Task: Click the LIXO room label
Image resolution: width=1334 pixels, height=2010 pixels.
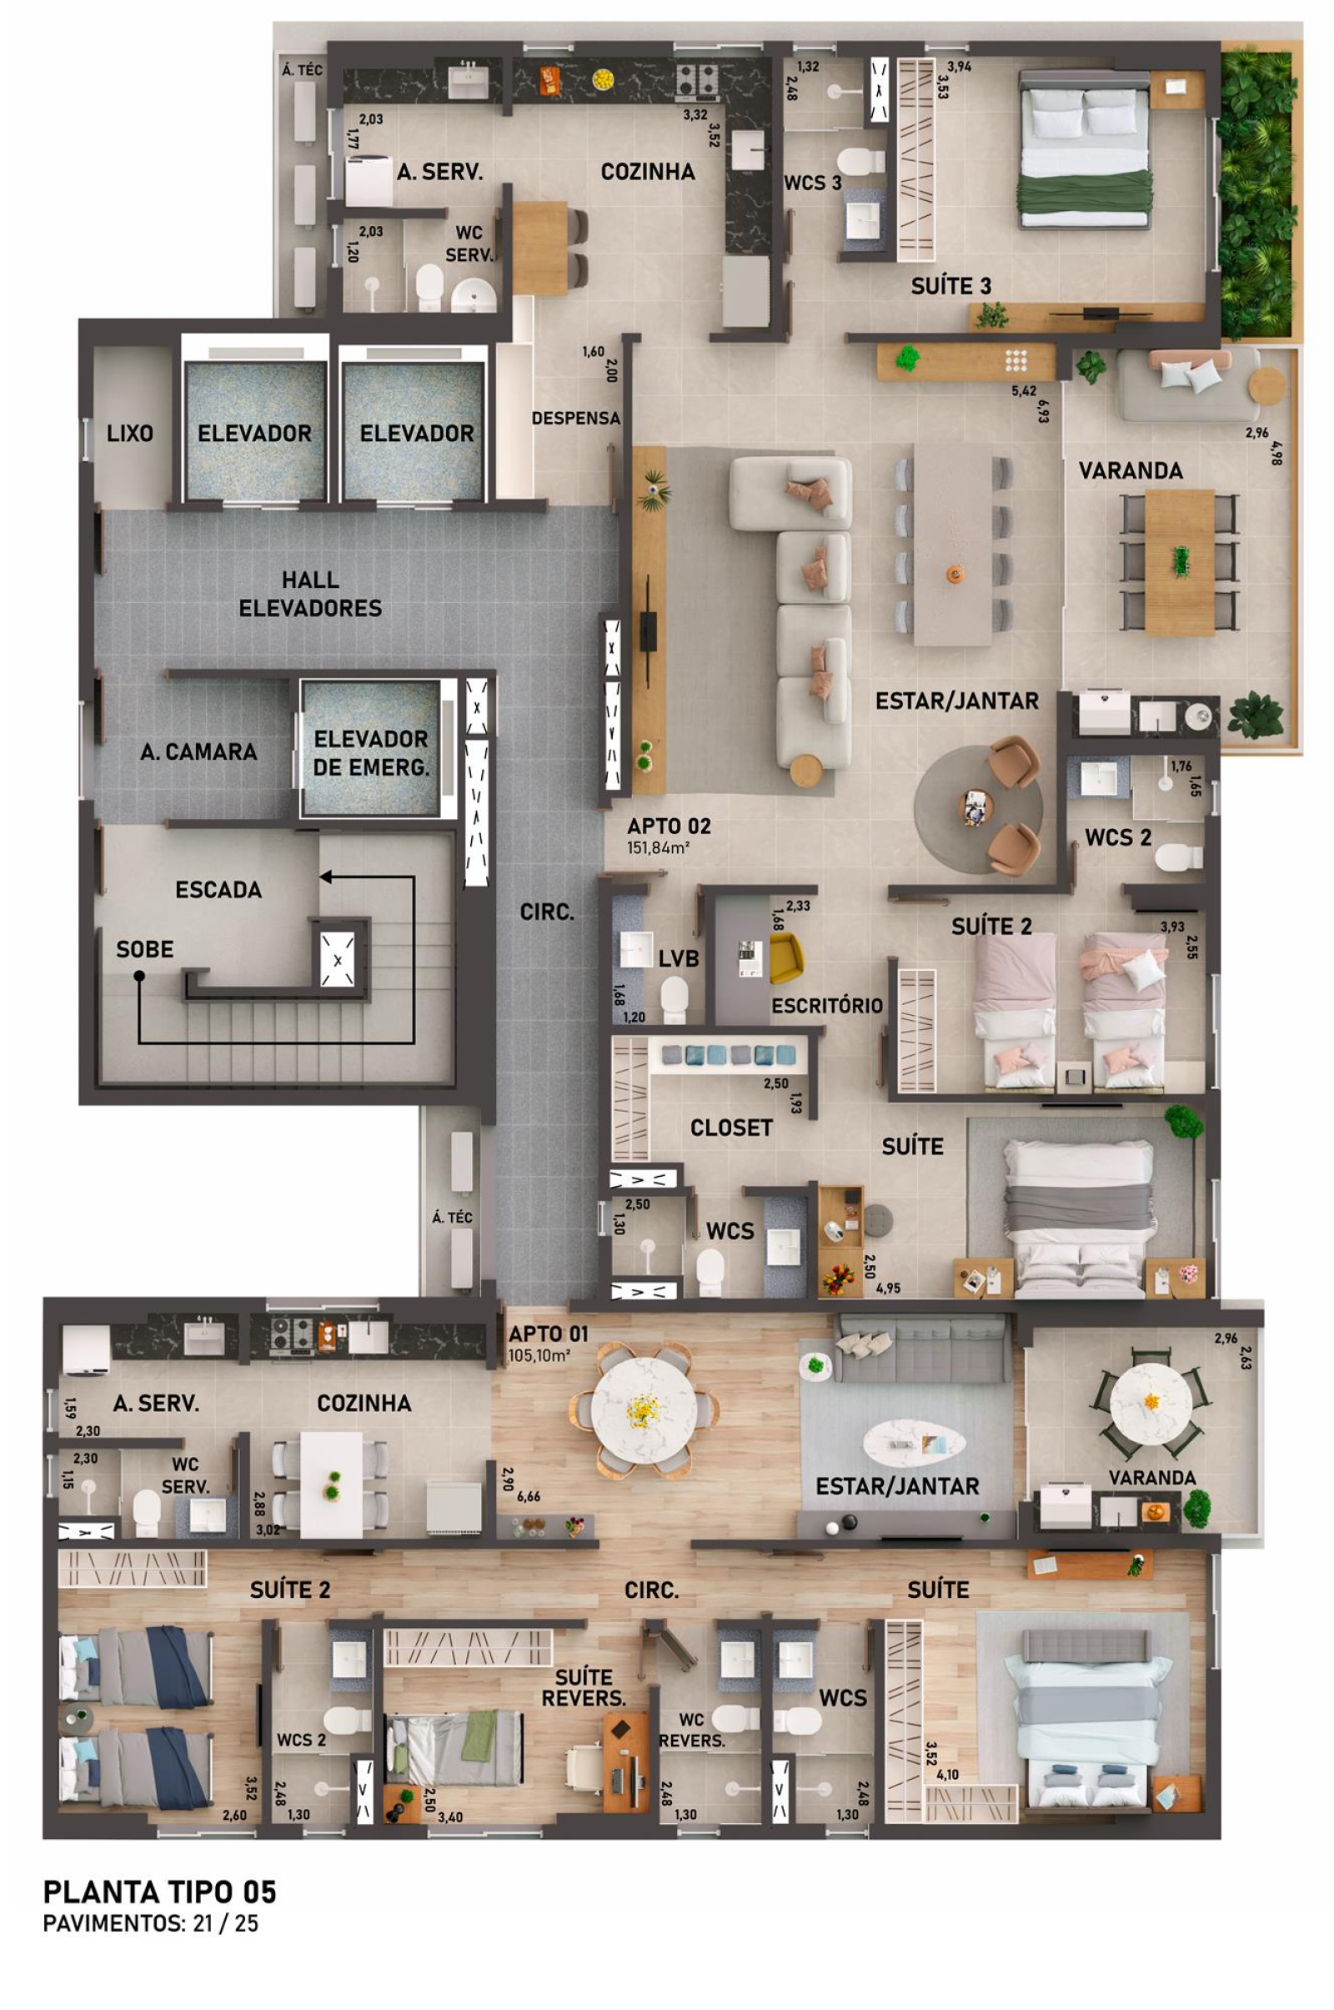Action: click(130, 433)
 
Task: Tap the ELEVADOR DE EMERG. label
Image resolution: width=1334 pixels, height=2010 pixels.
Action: click(371, 753)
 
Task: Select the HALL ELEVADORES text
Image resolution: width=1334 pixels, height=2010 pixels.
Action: click(309, 594)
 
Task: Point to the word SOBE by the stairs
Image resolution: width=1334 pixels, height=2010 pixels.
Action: click(144, 949)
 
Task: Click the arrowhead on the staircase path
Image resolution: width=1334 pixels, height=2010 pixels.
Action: click(325, 877)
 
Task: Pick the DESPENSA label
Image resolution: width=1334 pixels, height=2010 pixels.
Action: click(576, 419)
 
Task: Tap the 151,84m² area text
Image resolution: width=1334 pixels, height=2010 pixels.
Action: click(658, 847)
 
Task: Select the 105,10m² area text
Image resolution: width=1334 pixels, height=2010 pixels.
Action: click(539, 1355)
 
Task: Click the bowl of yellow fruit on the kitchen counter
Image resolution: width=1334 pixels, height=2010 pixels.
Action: click(603, 79)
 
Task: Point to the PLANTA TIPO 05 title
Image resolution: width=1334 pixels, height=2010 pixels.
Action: click(160, 1892)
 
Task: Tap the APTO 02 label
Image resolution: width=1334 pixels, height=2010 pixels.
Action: click(669, 827)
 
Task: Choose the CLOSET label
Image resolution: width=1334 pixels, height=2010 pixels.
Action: click(731, 1128)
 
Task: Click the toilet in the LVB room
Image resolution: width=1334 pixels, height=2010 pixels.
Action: click(675, 998)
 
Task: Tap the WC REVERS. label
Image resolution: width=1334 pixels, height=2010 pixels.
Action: click(692, 1730)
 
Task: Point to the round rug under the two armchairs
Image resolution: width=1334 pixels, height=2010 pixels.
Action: click(978, 807)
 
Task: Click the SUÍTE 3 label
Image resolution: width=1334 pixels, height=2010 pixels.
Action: click(951, 287)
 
